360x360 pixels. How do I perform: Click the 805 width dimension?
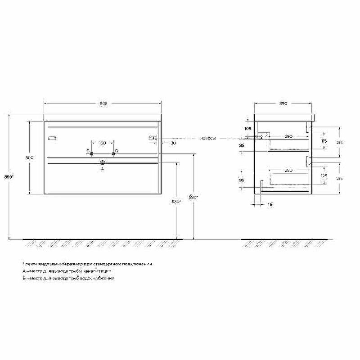pos(103,104)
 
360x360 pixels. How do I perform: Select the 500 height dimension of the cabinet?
pos(29,158)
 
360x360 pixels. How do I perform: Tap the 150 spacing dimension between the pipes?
pos(102,143)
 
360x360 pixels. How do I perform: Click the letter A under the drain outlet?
pos(103,169)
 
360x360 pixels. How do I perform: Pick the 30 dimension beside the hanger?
pos(173,143)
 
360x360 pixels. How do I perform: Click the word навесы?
pos(208,139)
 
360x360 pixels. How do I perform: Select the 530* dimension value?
pos(176,202)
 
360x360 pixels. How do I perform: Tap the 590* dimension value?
pos(193,197)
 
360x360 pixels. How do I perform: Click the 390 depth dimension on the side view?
pos(283,104)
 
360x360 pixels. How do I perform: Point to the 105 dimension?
pos(247,128)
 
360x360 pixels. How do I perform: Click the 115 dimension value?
pos(323,142)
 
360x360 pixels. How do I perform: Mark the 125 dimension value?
pos(323,175)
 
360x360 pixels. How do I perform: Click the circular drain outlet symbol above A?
pos(103,162)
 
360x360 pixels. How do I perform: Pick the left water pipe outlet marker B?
pos(91,153)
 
